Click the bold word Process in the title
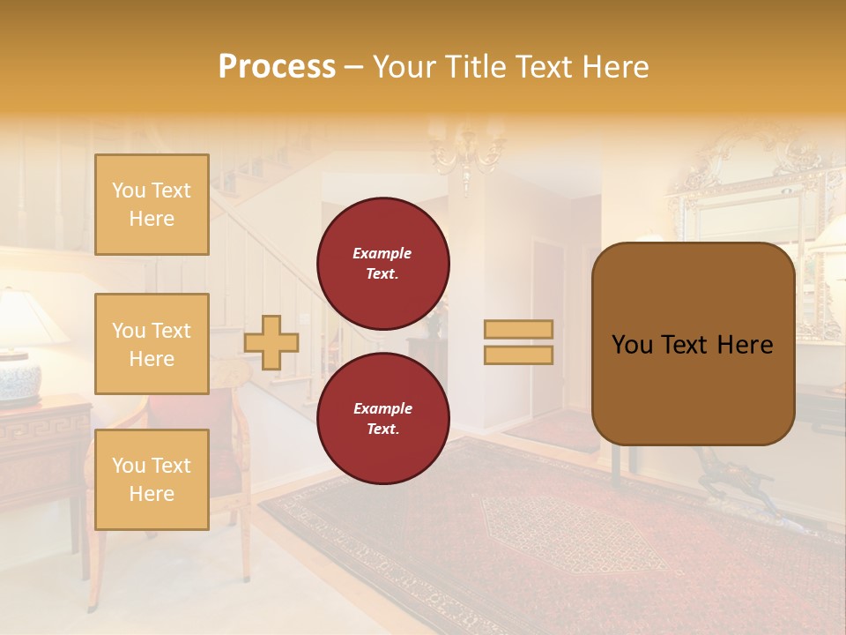click(277, 67)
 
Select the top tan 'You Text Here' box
click(152, 205)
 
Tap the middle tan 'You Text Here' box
click(152, 344)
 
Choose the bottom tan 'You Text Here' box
click(152, 479)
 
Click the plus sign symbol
click(271, 342)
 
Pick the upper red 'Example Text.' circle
click(382, 263)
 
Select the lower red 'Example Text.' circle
click(382, 418)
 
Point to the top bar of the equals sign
click(518, 330)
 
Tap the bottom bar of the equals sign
click(518, 355)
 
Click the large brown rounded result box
click(693, 344)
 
